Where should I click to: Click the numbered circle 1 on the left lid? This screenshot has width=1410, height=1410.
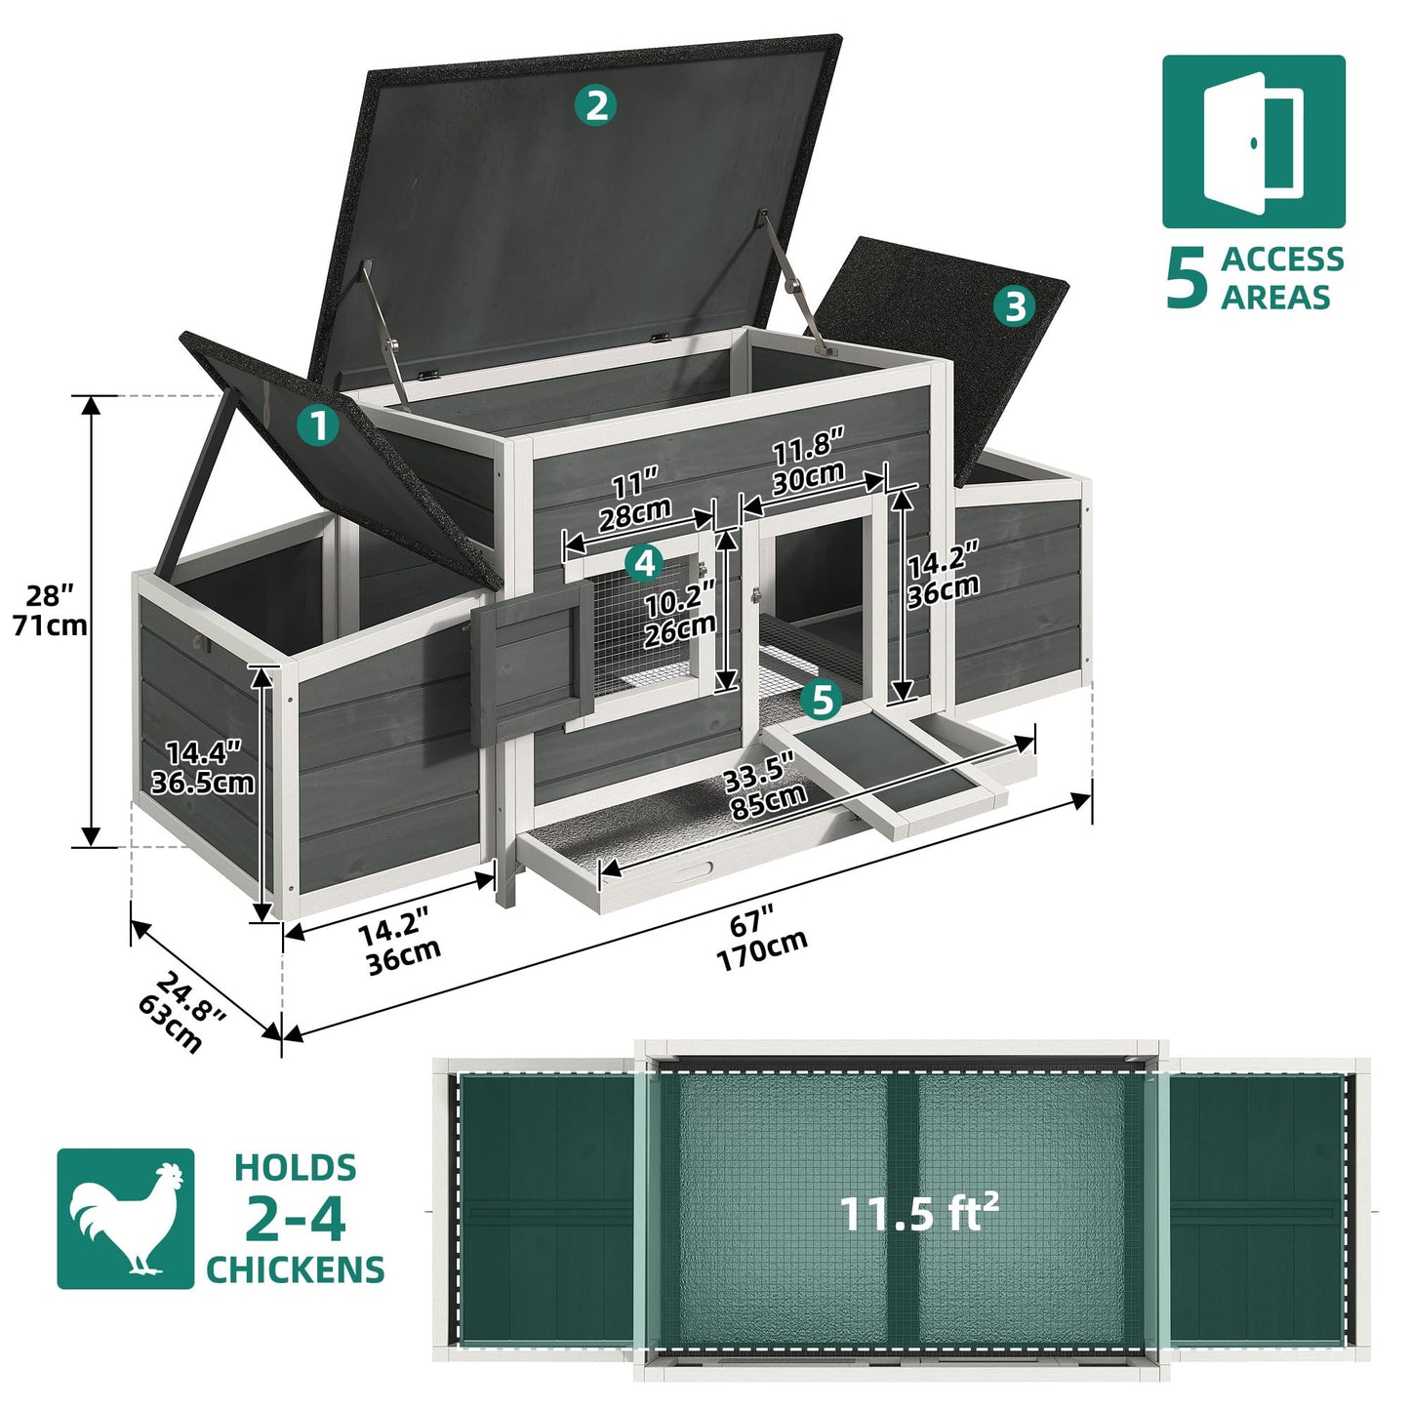pos(317,426)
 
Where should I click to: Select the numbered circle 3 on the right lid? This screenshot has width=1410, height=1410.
pos(1016,306)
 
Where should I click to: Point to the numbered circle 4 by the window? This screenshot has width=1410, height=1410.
pos(643,562)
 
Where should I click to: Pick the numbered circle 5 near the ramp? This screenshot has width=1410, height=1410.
pos(822,699)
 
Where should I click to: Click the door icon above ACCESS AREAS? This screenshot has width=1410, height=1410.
pos(1253,142)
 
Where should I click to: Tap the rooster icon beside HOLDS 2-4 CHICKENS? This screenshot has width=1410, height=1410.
pos(126,1218)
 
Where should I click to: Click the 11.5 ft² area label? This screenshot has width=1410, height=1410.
pos(918,1213)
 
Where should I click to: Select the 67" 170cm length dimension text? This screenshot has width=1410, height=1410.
pos(759,938)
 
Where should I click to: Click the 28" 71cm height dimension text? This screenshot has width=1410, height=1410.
pos(50,610)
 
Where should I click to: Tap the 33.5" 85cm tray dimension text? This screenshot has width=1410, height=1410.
pos(764,788)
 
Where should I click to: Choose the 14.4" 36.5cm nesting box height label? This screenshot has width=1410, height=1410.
pos(203,767)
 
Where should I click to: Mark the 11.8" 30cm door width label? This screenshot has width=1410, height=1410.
pos(809,462)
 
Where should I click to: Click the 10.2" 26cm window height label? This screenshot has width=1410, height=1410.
pos(680,612)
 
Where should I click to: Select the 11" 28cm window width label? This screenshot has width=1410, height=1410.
pos(634,498)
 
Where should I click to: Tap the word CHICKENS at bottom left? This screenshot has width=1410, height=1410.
pos(295,1269)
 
